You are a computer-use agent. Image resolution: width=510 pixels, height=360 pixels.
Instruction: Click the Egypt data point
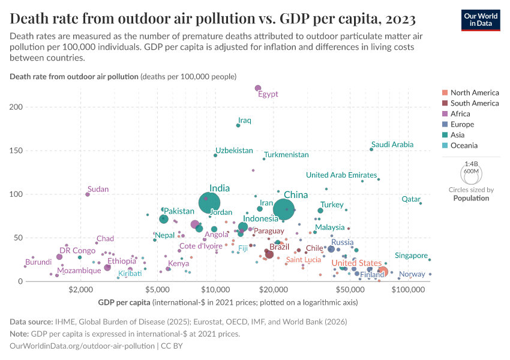258,89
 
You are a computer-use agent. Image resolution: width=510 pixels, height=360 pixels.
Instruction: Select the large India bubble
209,203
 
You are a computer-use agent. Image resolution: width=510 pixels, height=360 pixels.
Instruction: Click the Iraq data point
238,125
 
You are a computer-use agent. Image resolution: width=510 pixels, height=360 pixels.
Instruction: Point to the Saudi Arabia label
392,145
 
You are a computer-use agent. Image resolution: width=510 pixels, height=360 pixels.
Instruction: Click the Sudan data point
88,194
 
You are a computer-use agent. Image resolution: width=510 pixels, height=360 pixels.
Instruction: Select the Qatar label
411,199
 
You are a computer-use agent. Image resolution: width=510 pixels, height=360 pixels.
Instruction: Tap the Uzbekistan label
234,151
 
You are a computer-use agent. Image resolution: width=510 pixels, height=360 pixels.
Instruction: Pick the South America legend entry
474,103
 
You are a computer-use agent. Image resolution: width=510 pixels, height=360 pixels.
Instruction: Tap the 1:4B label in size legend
472,163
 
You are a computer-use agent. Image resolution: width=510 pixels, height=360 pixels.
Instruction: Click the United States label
356,263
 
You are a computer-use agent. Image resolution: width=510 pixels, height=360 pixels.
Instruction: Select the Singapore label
411,256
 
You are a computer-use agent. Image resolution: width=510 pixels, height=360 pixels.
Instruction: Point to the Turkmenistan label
286,155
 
